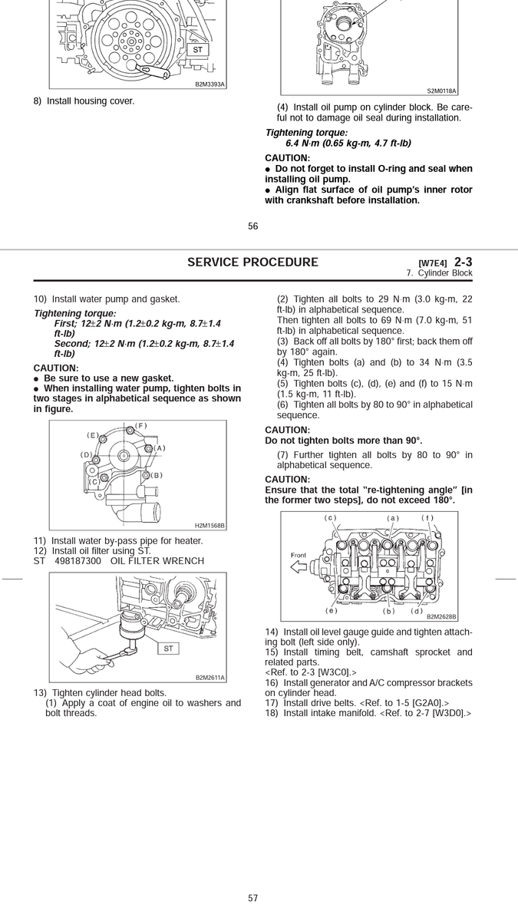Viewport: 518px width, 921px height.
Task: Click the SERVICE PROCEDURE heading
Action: tap(252, 262)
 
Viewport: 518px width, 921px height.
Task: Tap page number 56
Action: tap(253, 226)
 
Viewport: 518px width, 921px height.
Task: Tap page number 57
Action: tap(253, 898)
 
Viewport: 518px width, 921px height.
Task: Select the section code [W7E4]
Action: tap(433, 263)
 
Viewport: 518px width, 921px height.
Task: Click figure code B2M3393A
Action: tap(210, 84)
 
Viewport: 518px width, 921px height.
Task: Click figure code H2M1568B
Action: tap(210, 526)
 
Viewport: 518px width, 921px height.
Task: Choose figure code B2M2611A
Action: tap(210, 678)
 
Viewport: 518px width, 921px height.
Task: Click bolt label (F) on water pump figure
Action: tap(140, 426)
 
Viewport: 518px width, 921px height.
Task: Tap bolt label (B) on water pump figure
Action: tap(157, 475)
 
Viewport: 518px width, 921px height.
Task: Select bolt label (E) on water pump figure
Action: tap(93, 435)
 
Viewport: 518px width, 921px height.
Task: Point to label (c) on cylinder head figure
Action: tap(331, 517)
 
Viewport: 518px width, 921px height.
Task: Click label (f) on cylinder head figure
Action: tap(427, 517)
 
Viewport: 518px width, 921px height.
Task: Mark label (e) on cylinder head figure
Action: tap(332, 611)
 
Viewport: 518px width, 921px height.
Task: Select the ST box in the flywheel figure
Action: tap(197, 49)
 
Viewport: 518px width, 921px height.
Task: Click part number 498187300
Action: tap(78, 561)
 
